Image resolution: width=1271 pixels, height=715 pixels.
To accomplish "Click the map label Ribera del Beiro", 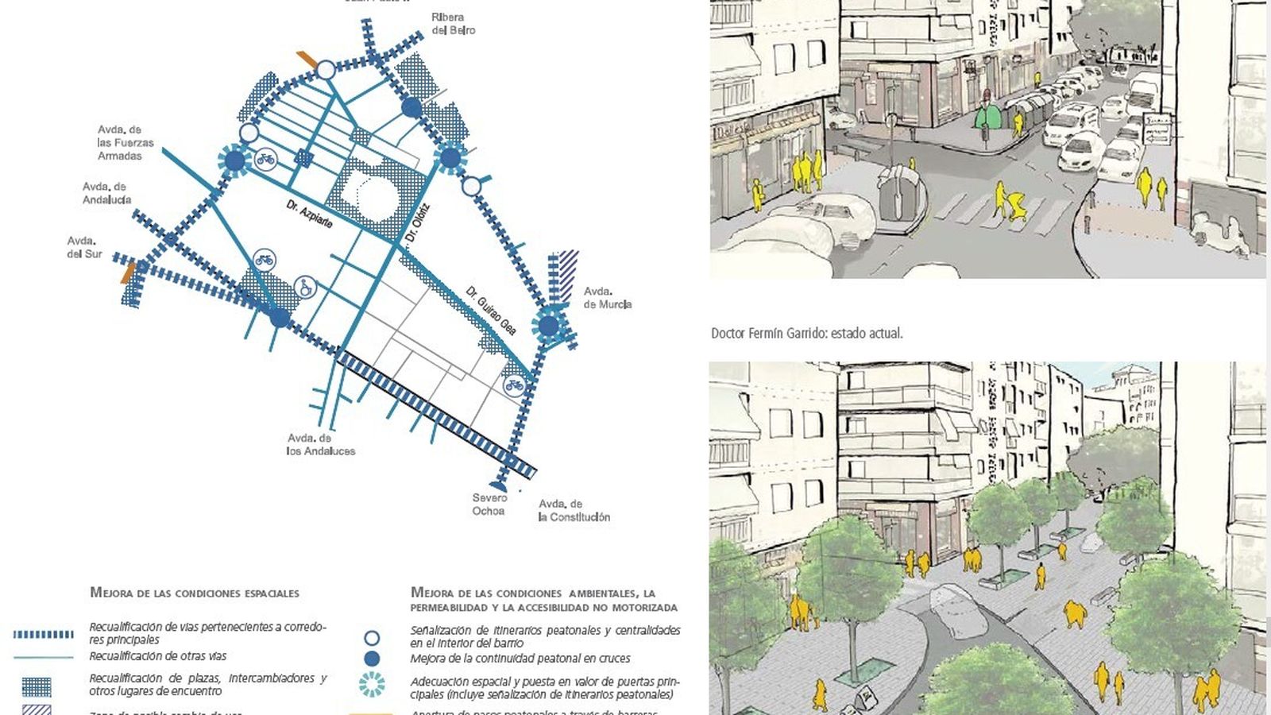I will click(x=453, y=24).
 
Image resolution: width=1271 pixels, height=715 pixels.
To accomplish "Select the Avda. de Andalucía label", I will click(x=106, y=193).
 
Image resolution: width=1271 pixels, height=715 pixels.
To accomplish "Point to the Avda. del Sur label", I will click(x=84, y=247).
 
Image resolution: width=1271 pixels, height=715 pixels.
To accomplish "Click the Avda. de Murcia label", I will click(x=608, y=298).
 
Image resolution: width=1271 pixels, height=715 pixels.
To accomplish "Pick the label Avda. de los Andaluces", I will click(x=321, y=445).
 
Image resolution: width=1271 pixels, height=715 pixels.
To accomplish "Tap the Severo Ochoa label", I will click(x=489, y=504).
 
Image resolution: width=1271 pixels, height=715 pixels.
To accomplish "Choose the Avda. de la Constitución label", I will click(x=574, y=511).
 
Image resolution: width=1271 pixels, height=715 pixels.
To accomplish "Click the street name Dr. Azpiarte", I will click(x=310, y=214).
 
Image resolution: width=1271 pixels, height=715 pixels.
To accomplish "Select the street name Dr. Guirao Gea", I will click(x=491, y=310).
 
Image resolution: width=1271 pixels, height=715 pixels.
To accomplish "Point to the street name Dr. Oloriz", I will click(x=417, y=224).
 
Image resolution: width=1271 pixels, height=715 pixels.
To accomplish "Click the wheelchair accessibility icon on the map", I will click(x=304, y=288).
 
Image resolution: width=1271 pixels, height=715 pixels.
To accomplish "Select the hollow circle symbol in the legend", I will click(x=371, y=638).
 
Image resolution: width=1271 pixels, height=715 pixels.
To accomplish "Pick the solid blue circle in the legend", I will click(x=371, y=659).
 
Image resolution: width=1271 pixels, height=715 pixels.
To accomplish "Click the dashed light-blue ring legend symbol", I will click(x=371, y=685).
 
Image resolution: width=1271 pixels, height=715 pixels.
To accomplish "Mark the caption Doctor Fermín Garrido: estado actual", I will click(x=806, y=334).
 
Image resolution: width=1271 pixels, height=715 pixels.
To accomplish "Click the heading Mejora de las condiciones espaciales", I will click(x=195, y=593).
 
